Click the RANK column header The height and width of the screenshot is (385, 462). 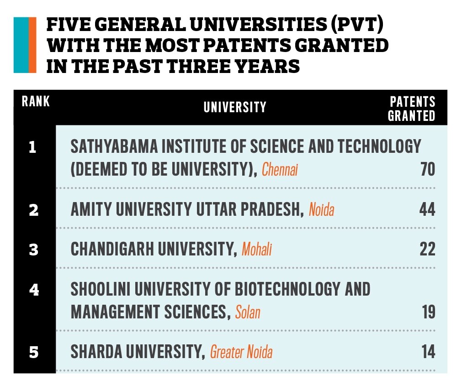click(36, 101)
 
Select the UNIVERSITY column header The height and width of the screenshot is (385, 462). click(235, 107)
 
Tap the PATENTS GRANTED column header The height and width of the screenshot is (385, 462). click(411, 109)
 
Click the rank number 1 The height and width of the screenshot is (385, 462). click(32, 147)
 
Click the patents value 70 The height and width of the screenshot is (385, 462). click(427, 170)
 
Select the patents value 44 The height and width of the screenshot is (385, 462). click(427, 210)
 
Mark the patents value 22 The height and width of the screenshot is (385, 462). click(427, 250)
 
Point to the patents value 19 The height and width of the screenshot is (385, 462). click(428, 312)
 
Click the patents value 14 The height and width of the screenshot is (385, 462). click(428, 352)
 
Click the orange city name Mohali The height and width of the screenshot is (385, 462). click(257, 250)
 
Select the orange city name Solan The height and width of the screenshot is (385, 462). click(248, 312)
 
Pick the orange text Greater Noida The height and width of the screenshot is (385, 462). click(241, 353)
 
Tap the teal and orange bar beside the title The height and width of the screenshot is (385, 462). click(25, 45)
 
